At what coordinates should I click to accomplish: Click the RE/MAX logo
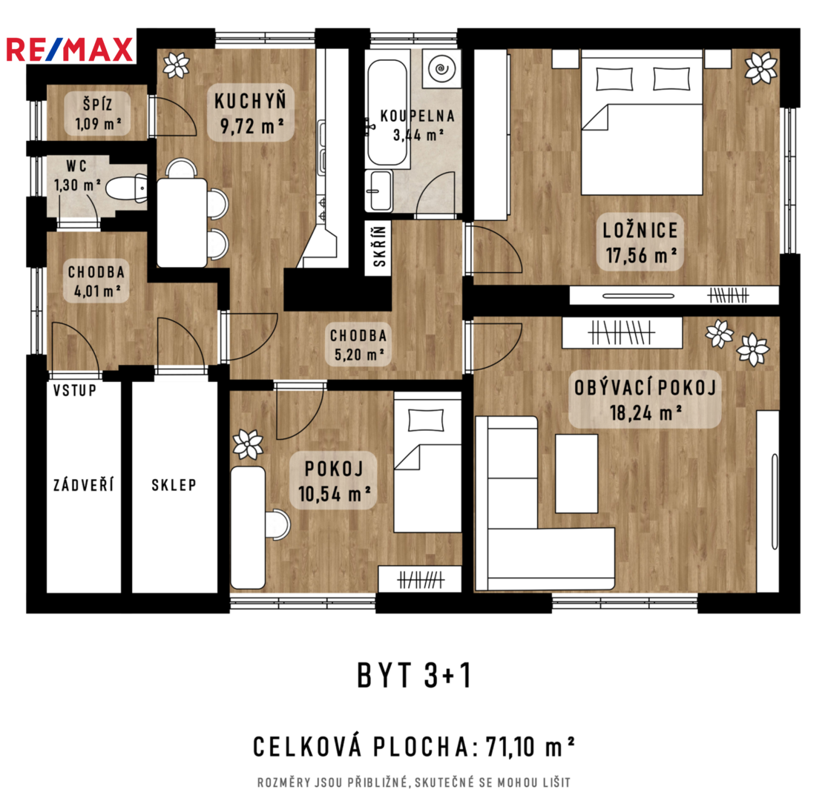pos(70,50)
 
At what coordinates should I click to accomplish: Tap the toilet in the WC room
pos(127,188)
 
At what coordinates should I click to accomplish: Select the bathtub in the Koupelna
pos(387,113)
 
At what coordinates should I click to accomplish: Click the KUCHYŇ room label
pos(250,101)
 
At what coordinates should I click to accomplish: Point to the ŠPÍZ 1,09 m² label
pos(98,113)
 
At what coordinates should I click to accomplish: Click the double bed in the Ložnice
pos(642,122)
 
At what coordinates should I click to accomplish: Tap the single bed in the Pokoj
pos(428,462)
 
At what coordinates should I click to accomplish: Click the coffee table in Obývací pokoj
pos(576,473)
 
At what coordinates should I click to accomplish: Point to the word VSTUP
pos(75,391)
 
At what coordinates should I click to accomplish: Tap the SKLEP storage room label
pos(174,485)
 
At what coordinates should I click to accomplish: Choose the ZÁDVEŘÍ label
pos(83,485)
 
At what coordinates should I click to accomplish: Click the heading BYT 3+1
pos(414,676)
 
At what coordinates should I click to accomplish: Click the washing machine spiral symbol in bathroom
pos(441,69)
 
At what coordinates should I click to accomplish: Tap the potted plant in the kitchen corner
pos(176,65)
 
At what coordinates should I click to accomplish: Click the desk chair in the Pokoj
pos(277,524)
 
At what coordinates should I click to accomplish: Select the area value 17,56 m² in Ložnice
pos(641,256)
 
